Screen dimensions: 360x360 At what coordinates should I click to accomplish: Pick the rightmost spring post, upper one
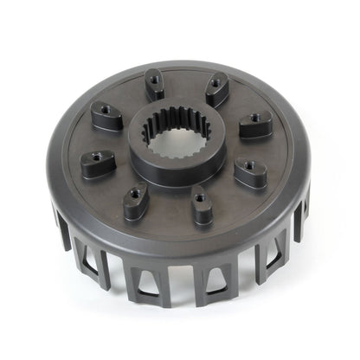point(255,126)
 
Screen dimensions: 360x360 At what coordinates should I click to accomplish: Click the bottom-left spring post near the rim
point(136,202)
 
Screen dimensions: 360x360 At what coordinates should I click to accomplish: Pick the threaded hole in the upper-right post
point(215,86)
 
